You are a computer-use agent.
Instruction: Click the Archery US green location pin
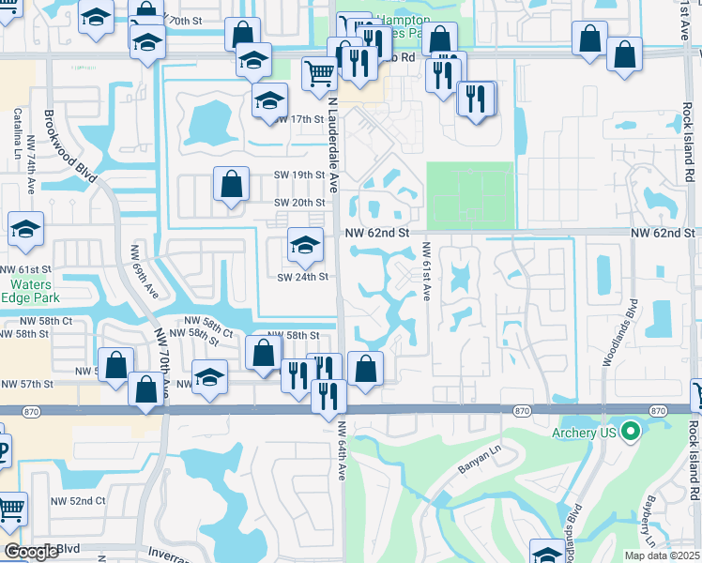coord(631,432)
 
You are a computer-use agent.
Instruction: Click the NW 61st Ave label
coord(426,271)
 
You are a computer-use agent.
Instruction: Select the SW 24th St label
coord(301,277)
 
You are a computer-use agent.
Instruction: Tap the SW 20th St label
coord(298,203)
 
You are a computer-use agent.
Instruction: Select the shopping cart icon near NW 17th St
coord(320,72)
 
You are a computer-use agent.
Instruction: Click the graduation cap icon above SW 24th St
coord(305,245)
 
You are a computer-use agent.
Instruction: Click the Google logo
coord(32,552)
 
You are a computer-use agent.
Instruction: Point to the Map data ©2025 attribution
coord(662,555)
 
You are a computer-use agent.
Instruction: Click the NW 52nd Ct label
coord(79,501)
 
